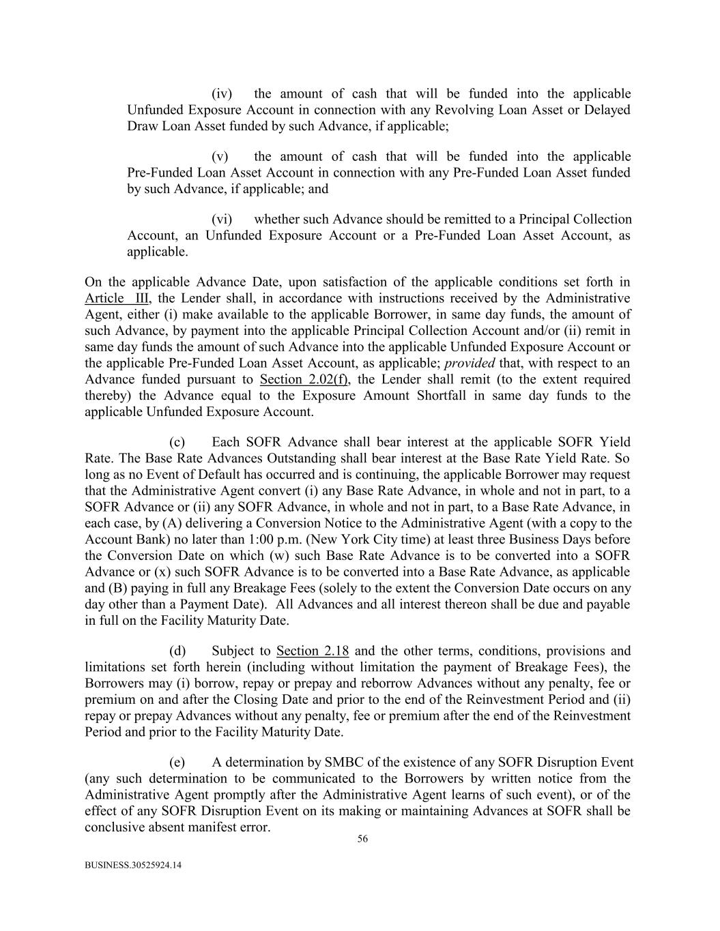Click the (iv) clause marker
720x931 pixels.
(x=222, y=94)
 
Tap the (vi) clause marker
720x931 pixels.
(x=222, y=220)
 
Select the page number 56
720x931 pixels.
(x=362, y=840)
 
